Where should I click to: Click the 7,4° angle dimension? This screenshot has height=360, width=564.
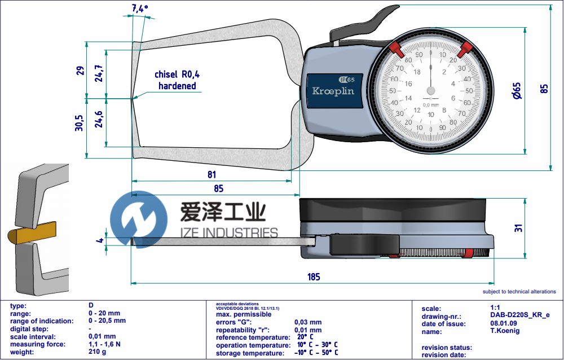[x=139, y=8]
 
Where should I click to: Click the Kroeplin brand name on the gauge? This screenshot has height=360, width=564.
[x=333, y=91]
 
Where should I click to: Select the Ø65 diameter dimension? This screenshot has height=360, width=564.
[x=516, y=90]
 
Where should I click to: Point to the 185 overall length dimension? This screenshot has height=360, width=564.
[x=314, y=276]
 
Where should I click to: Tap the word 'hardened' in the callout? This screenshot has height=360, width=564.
[x=177, y=86]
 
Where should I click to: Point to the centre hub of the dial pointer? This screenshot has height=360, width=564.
[x=431, y=90]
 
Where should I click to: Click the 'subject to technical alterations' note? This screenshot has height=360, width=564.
[x=519, y=292]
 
